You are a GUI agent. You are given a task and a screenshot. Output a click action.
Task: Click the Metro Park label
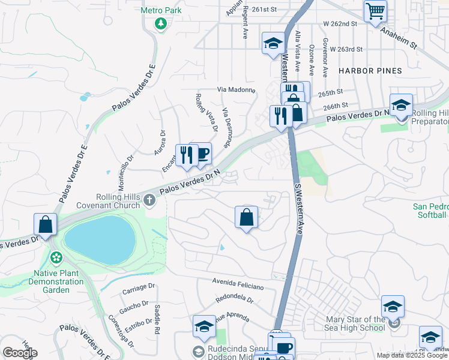(x=160, y=10)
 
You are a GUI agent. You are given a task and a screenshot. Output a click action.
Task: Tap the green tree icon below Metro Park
(x=160, y=23)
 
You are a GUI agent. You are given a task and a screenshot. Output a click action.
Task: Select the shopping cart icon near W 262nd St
(x=375, y=10)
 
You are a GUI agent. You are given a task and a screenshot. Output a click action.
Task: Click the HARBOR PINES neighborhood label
(x=370, y=71)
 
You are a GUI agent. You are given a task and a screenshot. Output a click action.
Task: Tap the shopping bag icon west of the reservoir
(x=46, y=224)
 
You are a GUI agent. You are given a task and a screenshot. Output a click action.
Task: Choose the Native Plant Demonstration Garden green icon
(x=56, y=258)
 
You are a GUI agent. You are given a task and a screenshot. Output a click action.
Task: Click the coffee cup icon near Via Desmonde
(x=202, y=154)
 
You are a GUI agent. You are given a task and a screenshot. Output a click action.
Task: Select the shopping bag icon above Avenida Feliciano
(x=246, y=217)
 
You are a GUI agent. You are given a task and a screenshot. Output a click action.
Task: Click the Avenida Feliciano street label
(x=239, y=281)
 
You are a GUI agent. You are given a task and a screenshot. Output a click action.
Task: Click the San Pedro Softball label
(x=430, y=211)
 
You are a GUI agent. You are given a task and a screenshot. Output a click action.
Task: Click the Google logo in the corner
(x=20, y=352)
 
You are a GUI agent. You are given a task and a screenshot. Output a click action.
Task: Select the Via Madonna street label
(x=236, y=89)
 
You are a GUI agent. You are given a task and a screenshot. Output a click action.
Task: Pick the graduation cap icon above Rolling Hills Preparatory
(x=401, y=105)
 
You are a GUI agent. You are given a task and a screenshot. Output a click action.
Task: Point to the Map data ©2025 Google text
(x=412, y=355)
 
